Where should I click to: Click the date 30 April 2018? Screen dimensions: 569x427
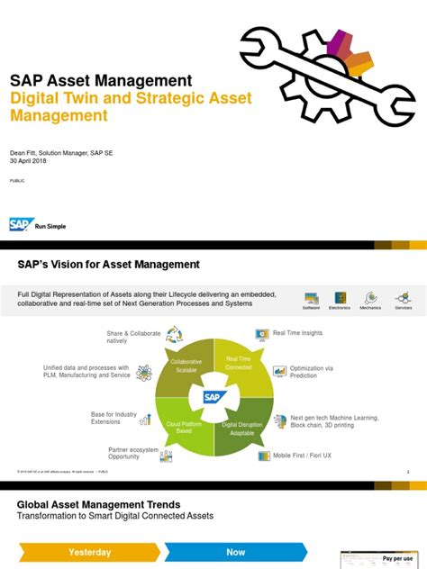(30, 161)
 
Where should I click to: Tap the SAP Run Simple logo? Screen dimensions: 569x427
(37, 225)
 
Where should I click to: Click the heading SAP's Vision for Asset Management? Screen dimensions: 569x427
(109, 264)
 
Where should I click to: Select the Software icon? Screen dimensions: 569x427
(312, 299)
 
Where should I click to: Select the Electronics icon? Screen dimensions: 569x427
(341, 299)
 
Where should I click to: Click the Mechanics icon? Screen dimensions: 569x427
(370, 299)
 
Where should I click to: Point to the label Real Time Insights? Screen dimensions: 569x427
(297, 333)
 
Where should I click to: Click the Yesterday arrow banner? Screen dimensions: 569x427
(90, 552)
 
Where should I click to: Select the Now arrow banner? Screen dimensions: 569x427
(236, 552)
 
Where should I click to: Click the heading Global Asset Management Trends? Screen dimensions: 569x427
(99, 505)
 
